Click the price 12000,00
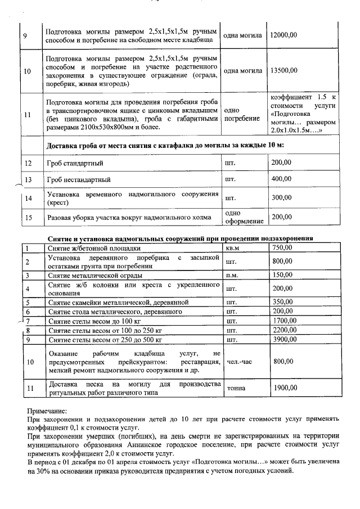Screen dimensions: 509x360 (283, 35)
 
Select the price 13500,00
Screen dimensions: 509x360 (283, 71)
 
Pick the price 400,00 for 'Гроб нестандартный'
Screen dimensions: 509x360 (281, 179)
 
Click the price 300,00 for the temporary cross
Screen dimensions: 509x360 (281, 198)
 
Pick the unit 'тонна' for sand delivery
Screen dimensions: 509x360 (235, 389)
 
